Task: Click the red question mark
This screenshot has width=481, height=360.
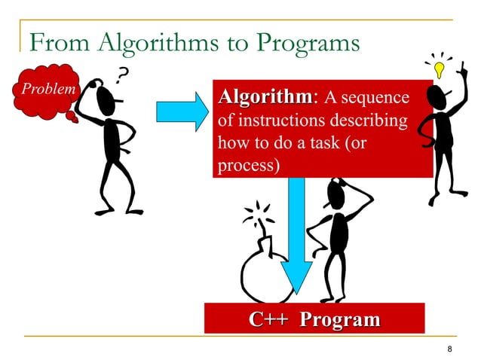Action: pos(121,73)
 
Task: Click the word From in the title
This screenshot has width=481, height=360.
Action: pos(54,44)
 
